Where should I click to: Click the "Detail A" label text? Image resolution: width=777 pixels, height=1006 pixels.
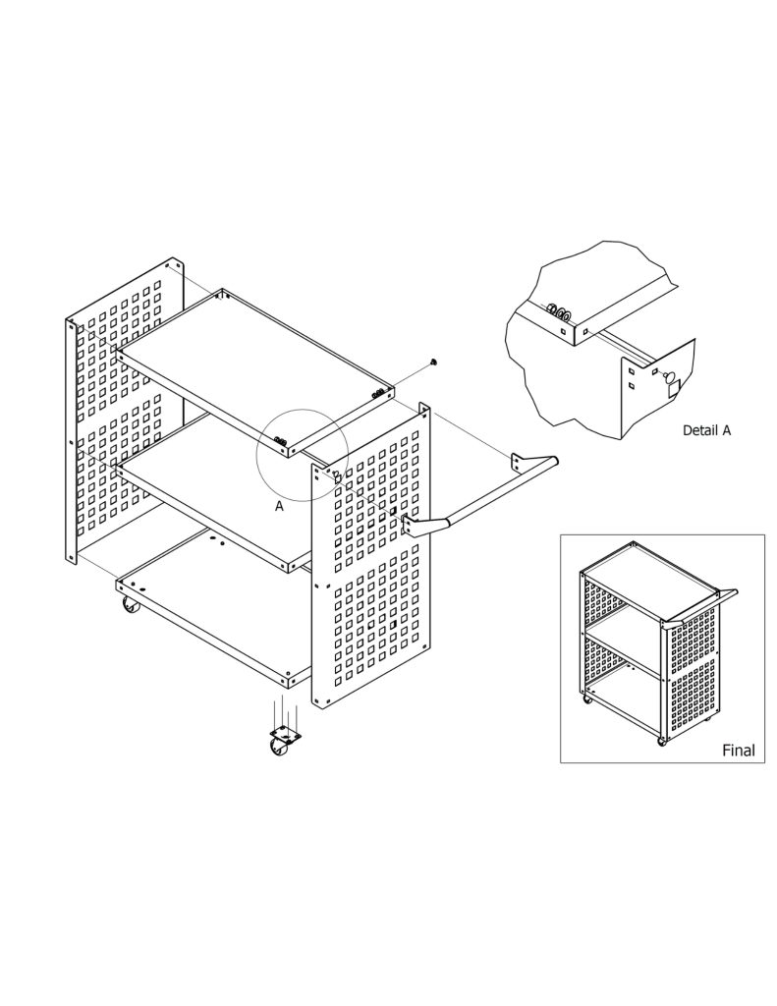coord(706,430)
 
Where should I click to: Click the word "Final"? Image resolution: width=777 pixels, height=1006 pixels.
coord(739,750)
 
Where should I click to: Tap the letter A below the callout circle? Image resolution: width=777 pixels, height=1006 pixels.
coord(279,506)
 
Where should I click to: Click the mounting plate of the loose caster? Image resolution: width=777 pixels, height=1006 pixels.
coord(286,733)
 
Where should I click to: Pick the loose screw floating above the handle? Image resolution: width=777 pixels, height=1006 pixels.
coord(434,363)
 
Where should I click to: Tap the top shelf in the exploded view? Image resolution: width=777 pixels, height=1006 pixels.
coord(255,370)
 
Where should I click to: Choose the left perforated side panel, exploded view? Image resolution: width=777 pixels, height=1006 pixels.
coord(125,411)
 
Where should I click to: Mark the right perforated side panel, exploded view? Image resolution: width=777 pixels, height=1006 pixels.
coord(371,555)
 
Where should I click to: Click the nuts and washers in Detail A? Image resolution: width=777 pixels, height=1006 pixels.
coord(559,313)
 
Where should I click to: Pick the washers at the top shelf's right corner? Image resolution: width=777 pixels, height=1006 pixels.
coord(380,393)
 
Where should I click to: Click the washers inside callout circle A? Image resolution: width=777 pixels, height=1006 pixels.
coord(280,441)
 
